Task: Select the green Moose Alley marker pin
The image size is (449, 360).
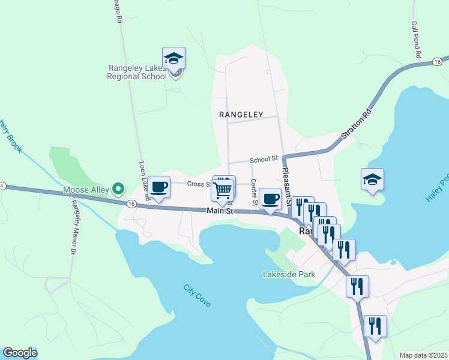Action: pos(119,190)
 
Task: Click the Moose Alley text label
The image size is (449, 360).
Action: pos(86,190)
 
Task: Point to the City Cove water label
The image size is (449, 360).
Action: pos(197,296)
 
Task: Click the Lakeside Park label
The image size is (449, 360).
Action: pos(289,274)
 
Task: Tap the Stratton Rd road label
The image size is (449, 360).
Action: pos(357,125)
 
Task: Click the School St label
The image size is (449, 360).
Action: pos(264,159)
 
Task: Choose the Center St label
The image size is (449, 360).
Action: pos(254,191)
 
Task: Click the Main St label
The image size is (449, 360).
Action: pos(219,211)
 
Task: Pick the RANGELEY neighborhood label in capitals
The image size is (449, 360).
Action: pos(241,113)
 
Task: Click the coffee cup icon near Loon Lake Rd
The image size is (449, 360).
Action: pos(159,188)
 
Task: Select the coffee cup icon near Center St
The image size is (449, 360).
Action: pos(270,199)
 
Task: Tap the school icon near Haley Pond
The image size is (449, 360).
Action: pos(372,179)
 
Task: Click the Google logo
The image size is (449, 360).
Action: pos(20,353)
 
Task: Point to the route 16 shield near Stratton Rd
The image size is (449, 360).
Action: pos(437,62)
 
